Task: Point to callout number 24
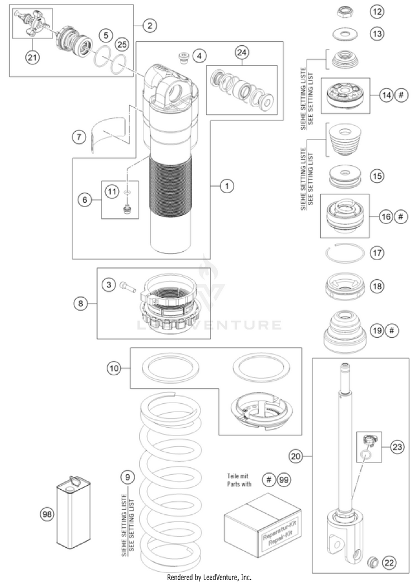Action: coord(241,53)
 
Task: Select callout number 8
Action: coord(82,304)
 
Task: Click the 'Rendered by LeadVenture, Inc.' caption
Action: coord(209,576)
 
